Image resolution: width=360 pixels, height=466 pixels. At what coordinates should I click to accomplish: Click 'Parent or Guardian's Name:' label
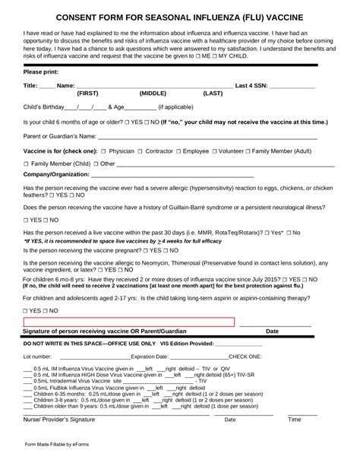click(x=61, y=136)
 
